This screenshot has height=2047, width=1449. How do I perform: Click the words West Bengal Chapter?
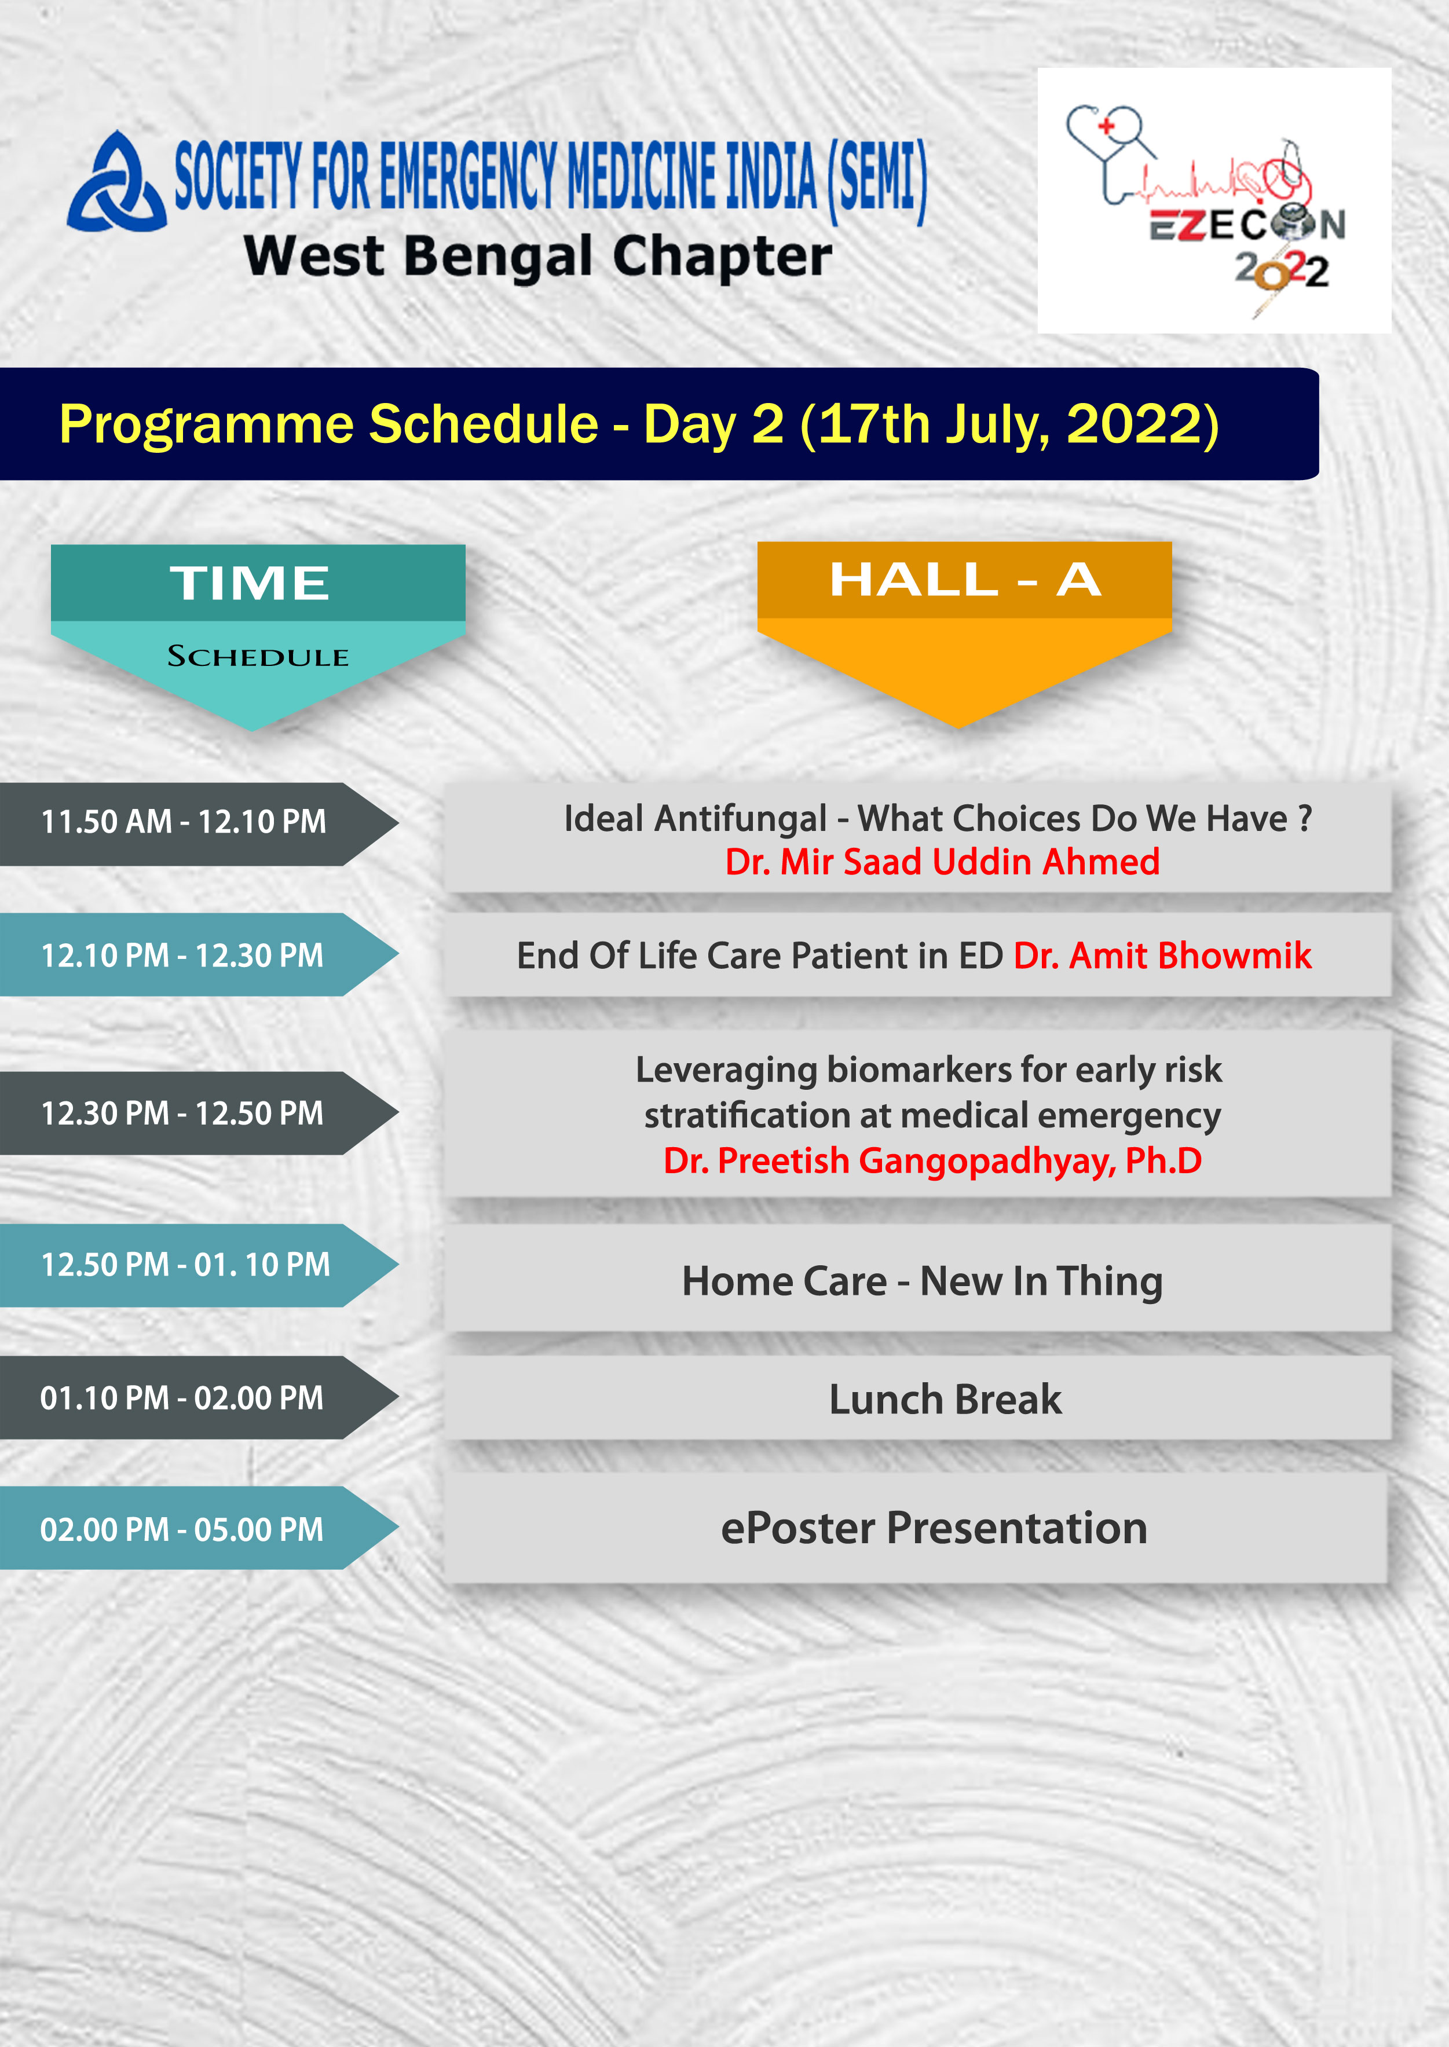tap(538, 258)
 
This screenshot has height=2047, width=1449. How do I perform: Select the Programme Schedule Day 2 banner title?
tap(639, 424)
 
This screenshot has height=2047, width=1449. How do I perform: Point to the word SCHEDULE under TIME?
tap(258, 657)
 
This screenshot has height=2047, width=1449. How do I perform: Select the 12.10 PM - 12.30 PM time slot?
tap(182, 955)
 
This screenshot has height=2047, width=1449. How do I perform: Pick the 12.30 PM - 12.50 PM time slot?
tap(182, 1113)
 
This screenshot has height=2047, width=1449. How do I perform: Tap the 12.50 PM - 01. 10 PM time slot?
tap(185, 1264)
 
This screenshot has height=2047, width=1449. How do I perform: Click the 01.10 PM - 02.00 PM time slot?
tap(182, 1398)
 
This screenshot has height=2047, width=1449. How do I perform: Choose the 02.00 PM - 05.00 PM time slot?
tap(182, 1530)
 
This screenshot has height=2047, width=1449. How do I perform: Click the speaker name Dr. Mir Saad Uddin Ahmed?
tap(942, 862)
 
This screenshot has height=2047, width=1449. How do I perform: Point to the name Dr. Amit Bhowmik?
tap(1162, 955)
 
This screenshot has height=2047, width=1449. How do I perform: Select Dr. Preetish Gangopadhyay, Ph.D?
tap(932, 1160)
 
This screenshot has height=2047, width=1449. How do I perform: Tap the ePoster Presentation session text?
tap(934, 1528)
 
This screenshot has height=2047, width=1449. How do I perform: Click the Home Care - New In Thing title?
tap(923, 1281)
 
